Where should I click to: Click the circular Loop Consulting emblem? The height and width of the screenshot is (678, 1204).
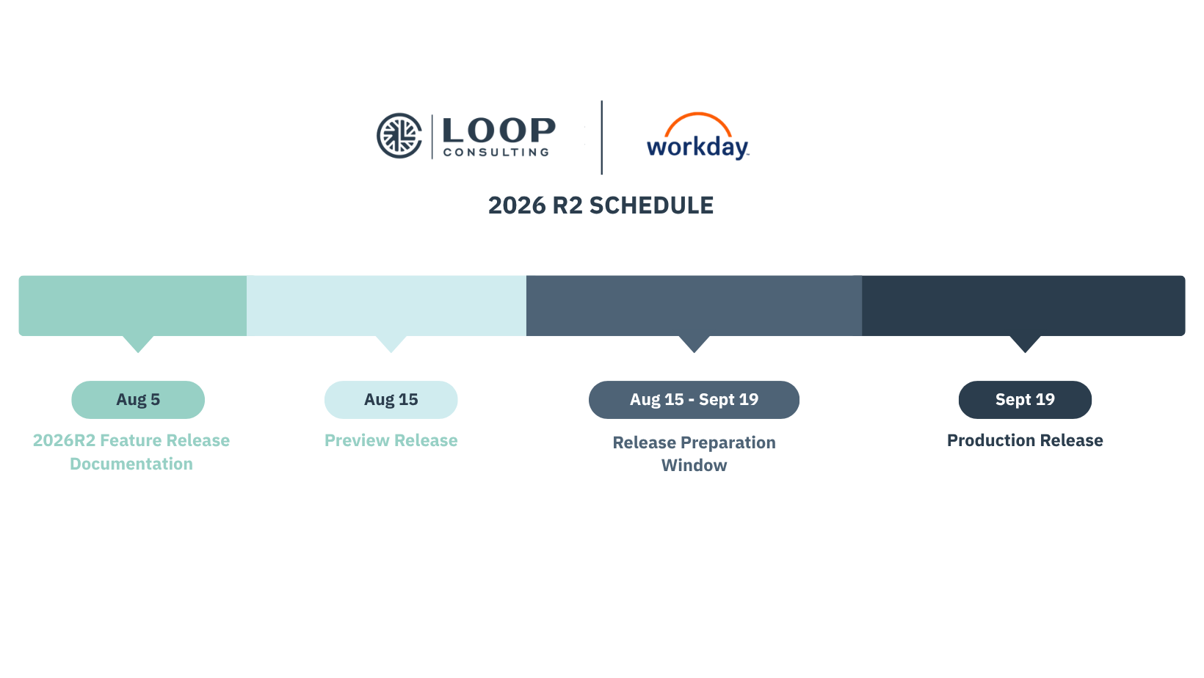coord(399,136)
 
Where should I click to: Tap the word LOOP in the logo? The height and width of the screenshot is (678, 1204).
coord(498,131)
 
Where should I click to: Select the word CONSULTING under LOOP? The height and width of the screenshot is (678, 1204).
coord(496,153)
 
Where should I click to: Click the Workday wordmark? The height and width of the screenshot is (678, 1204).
coord(697,147)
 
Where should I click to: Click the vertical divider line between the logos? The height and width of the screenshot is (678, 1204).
coord(601,137)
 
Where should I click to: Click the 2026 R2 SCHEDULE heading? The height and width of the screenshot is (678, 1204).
coord(601,205)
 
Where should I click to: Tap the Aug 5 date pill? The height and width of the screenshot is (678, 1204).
coord(138,400)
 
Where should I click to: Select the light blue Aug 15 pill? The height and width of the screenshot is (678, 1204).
coord(391,400)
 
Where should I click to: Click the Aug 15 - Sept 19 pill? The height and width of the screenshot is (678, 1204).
coord(694,400)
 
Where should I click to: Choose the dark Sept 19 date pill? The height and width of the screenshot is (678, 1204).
coord(1025,400)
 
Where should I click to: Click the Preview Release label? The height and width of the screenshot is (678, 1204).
coord(391,440)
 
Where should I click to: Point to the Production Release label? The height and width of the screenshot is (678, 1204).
coord(1025,440)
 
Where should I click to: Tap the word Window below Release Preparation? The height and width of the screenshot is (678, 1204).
coord(694,465)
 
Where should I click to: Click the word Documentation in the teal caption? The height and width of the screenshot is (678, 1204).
coord(131,464)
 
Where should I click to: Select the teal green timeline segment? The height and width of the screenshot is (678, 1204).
coord(133,306)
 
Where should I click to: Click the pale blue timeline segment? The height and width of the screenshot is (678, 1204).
coord(386,306)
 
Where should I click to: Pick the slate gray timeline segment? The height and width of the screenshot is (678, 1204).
coord(694,306)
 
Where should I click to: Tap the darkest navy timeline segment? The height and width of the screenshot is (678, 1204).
coord(1023,306)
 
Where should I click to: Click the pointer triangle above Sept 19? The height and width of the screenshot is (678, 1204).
coord(1025,343)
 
